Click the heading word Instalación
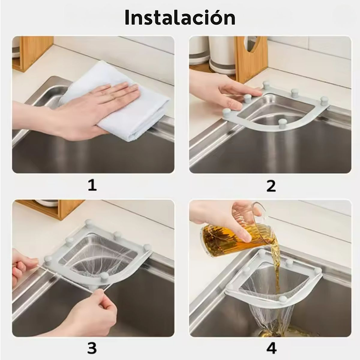click(x=180, y=18)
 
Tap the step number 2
click(x=270, y=185)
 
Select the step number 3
click(x=92, y=348)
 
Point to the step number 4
click(x=271, y=348)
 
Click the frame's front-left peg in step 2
click(x=226, y=112)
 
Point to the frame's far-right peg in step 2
click(x=324, y=100)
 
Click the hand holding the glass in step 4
click(x=223, y=216)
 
